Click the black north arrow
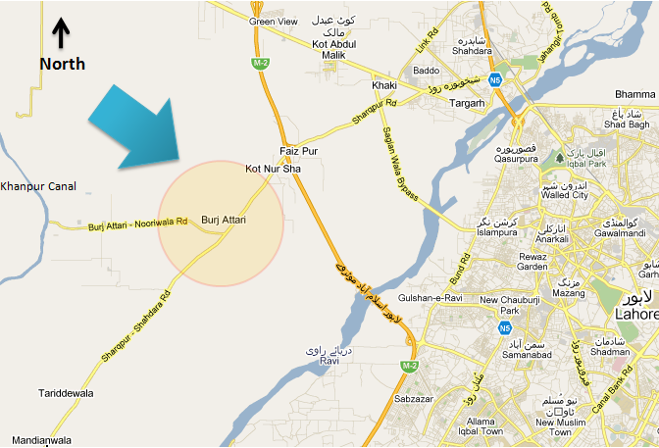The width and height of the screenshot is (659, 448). (x=61, y=33)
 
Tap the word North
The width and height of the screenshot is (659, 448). (x=62, y=64)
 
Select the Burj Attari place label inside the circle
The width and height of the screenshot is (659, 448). (x=223, y=220)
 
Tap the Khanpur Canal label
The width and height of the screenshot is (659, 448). (x=38, y=185)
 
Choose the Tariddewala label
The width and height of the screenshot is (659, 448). (x=67, y=393)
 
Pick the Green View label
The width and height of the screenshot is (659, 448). (x=274, y=21)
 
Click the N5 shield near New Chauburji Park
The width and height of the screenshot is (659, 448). (x=505, y=326)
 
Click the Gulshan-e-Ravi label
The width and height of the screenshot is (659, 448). (x=431, y=297)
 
